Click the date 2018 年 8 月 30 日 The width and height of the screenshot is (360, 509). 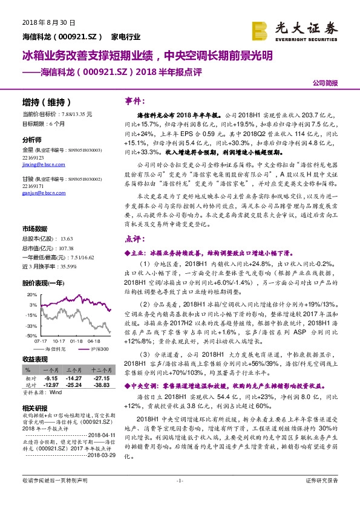[48, 22]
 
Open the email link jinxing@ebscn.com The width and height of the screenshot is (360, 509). [42, 163]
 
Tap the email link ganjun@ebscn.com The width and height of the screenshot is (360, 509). [41, 193]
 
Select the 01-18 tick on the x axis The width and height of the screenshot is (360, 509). [76, 340]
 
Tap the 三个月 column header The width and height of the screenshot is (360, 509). [74, 369]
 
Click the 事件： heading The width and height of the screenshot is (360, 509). [134, 101]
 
